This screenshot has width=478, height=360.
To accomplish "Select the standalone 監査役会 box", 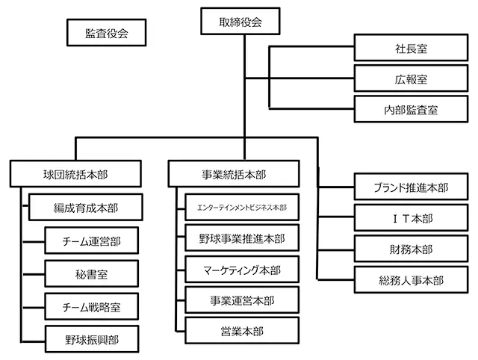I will (105, 34).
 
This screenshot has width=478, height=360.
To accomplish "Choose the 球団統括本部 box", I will (75, 175).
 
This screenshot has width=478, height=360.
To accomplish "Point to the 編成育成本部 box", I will (85, 207).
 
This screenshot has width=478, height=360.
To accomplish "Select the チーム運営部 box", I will (92, 241).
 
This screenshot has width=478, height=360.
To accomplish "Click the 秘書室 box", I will (92, 273).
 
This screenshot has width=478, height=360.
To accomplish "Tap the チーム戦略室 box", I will (92, 306).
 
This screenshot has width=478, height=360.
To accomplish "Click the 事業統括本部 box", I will (234, 175).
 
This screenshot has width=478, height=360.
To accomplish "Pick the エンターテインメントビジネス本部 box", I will (242, 207).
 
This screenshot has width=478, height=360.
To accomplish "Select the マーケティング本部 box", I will (242, 270).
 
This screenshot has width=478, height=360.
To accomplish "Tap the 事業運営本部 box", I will (242, 301).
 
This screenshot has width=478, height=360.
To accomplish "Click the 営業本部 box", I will (242, 332).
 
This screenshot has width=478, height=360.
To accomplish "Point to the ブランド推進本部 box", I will (411, 187).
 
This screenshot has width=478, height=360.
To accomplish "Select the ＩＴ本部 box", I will (411, 218).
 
